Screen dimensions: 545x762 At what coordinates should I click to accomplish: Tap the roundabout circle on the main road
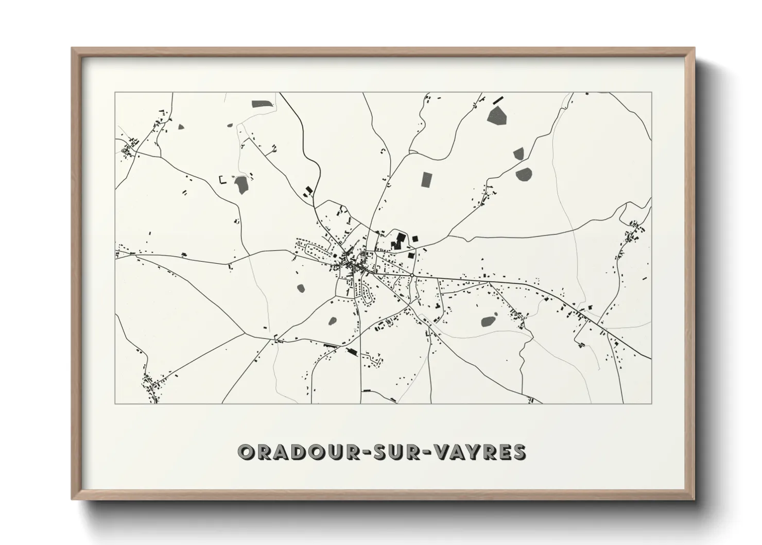(x=412, y=276)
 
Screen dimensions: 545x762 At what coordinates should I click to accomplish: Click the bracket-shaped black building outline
(x=223, y=180)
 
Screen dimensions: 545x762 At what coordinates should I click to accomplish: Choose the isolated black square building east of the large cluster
(x=415, y=238)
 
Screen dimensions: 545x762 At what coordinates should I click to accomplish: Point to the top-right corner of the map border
(x=651, y=93)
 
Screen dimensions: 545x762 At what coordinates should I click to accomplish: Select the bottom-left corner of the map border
(x=115, y=403)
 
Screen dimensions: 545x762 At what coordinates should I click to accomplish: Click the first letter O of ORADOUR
(x=245, y=452)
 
